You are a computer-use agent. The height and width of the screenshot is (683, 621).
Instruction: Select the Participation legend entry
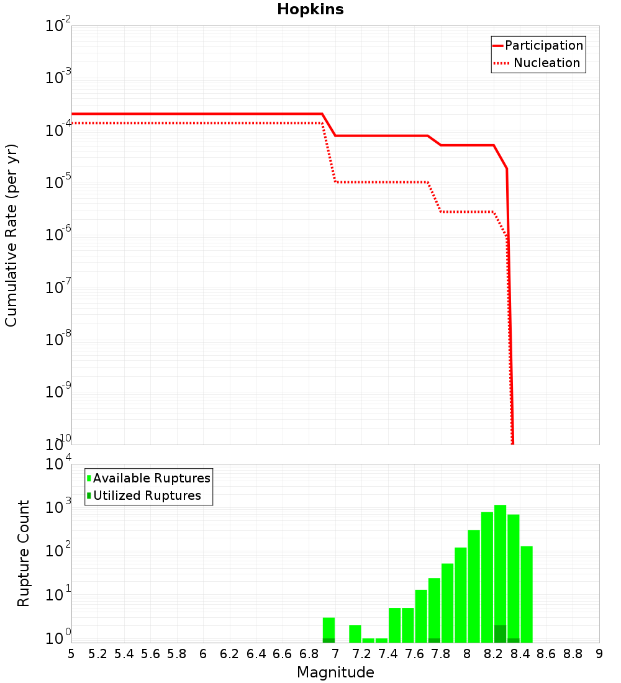[x=544, y=46]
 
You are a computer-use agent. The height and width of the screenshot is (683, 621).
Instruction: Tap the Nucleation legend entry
[x=546, y=63]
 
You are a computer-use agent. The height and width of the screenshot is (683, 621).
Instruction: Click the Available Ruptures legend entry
[x=152, y=478]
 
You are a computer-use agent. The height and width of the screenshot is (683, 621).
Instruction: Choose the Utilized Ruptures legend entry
[x=147, y=495]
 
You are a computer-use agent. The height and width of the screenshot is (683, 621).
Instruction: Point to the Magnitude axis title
[x=335, y=672]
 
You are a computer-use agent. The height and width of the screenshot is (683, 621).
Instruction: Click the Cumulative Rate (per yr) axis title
[x=11, y=235]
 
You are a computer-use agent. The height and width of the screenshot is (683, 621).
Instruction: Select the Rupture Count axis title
[x=24, y=553]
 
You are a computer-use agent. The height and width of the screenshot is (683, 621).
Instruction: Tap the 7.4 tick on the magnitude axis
[x=388, y=654]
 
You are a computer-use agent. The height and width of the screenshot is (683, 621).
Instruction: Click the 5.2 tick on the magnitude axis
[x=97, y=654]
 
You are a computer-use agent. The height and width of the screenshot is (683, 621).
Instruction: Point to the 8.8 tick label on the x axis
[x=573, y=654]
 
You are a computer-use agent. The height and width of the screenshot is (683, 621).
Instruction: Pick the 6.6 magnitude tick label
[x=283, y=654]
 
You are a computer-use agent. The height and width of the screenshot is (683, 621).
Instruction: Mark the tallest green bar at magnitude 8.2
[x=500, y=559]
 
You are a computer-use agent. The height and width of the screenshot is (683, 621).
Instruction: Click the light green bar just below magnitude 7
[x=329, y=627]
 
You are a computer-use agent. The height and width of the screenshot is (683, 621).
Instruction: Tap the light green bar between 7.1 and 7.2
[x=355, y=633]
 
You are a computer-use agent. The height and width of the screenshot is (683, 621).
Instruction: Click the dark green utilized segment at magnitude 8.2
[x=500, y=634]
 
